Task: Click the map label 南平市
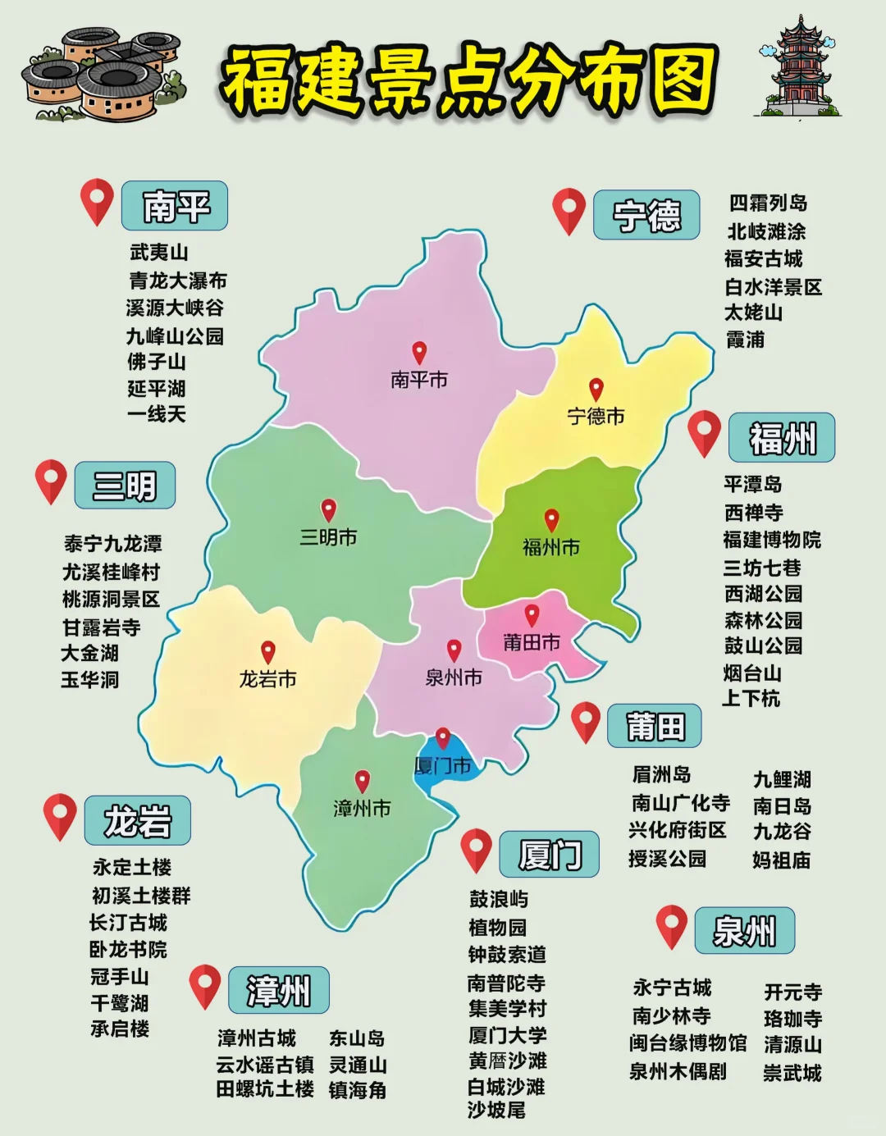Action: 418,380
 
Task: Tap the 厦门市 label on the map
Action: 442,766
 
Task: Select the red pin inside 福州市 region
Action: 551,520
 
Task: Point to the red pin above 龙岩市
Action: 267,652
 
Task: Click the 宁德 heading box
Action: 646,215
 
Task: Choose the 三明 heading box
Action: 125,486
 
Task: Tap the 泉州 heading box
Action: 744,931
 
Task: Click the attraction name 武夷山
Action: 158,253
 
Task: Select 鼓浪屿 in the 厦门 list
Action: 498,899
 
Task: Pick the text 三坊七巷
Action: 762,568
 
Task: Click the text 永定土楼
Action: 132,867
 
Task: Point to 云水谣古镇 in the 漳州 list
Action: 264,1065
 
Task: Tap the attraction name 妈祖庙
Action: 781,860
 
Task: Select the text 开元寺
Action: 792,992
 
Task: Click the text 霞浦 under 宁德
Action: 745,339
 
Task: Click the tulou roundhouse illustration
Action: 103,75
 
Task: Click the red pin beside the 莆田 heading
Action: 585,722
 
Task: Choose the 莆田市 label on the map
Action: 532,642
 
